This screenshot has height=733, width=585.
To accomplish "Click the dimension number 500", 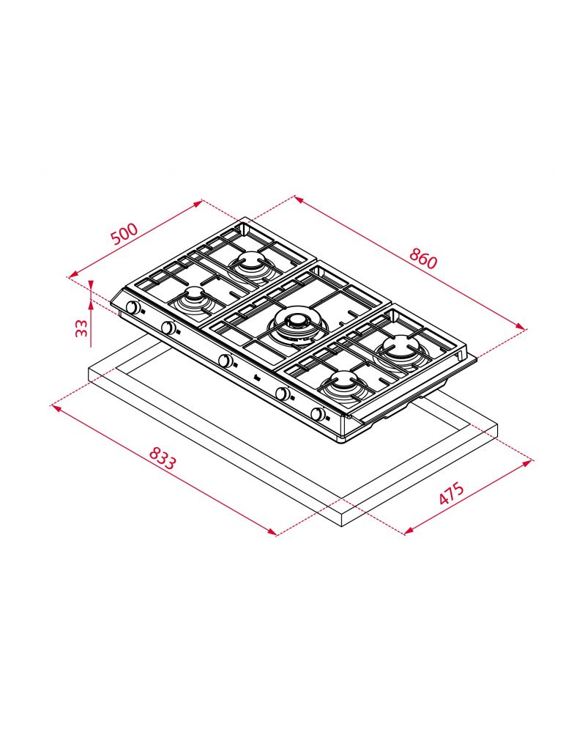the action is tap(124, 234).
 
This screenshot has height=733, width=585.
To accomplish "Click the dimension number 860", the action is tap(423, 258).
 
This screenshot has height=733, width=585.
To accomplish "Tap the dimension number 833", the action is tap(163, 459).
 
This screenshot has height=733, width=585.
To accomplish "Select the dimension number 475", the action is tap(452, 493).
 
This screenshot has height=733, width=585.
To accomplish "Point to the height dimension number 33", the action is tap(82, 328).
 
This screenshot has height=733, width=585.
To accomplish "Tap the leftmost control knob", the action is tap(133, 308).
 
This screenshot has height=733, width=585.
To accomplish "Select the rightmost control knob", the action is tap(318, 413).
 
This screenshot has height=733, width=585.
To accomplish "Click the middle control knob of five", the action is tap(226, 361).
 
